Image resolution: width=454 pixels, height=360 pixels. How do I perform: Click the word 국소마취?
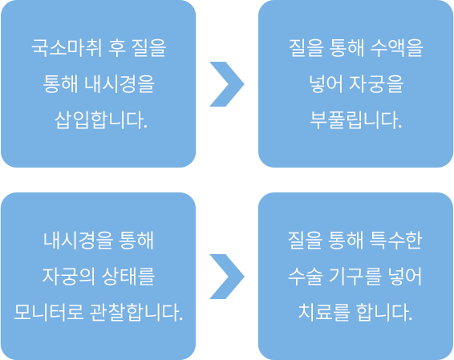pos(67,47)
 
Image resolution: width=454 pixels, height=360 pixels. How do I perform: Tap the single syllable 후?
pos(116,47)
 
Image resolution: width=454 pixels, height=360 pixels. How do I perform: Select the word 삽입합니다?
pos(101,119)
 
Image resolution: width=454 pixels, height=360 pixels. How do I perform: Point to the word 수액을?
pos(397,47)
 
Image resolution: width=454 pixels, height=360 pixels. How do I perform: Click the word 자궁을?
pos(376,83)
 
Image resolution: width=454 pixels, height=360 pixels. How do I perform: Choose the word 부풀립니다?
pos(356,119)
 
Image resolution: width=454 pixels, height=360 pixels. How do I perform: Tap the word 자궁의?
pos(69,276)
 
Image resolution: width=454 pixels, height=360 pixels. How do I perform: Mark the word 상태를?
pos(128,276)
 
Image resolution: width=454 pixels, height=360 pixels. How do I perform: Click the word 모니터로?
pos(49,312)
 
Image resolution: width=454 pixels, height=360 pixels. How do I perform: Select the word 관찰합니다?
pos(136,312)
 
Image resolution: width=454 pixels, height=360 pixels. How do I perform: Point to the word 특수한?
pos(396,241)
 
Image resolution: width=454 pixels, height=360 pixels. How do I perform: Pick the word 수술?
pos(306,276)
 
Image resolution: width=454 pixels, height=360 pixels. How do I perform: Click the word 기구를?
pos(355,276)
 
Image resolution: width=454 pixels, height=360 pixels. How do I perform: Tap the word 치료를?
pos(324,312)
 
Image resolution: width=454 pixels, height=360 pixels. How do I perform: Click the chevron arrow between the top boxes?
pos(227,84)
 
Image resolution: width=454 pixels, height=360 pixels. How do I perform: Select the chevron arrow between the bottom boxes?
pos(227,277)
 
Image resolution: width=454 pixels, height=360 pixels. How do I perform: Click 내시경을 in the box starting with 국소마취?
pos(120,83)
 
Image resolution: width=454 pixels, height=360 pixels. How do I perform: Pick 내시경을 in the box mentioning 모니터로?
pos(78,241)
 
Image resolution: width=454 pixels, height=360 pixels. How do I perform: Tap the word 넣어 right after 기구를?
pos(405,276)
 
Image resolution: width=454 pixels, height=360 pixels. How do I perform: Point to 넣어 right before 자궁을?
pos(326,83)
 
